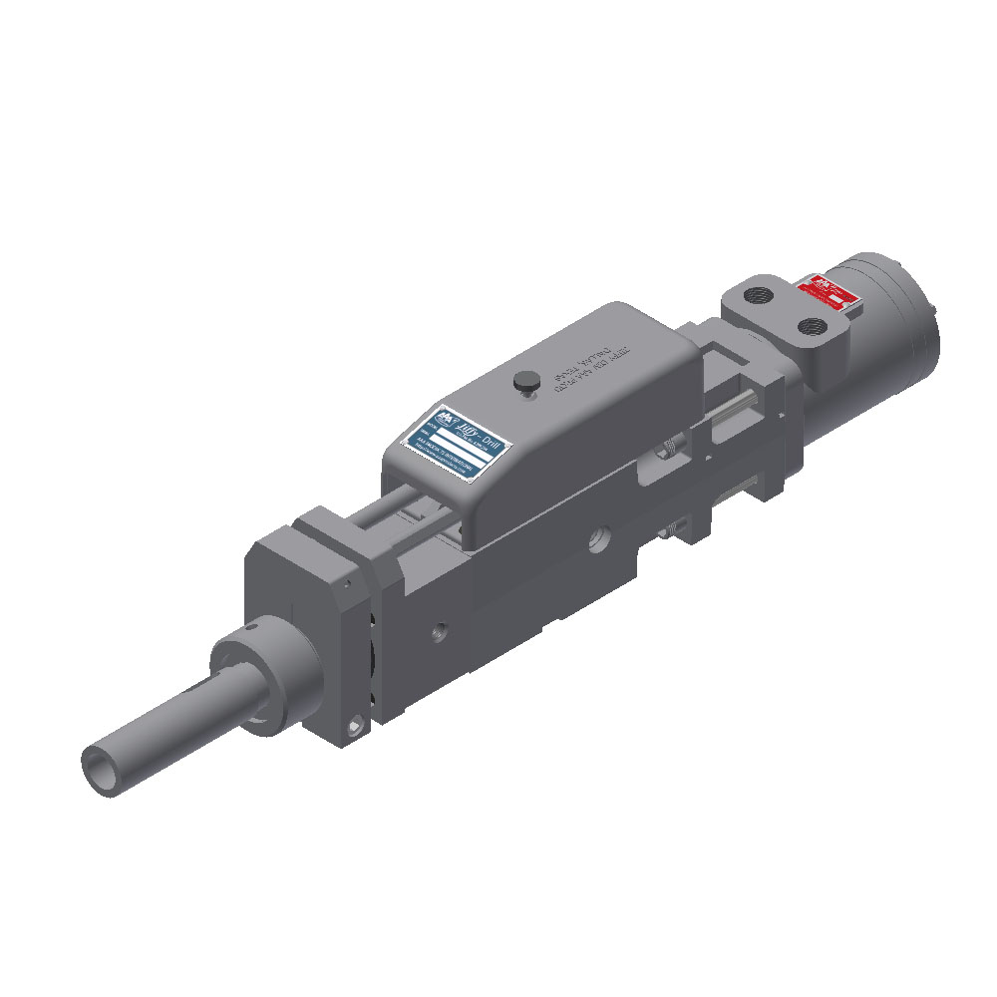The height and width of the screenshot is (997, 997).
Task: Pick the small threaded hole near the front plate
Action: click(437, 631)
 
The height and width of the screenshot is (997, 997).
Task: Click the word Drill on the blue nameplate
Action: click(493, 443)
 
